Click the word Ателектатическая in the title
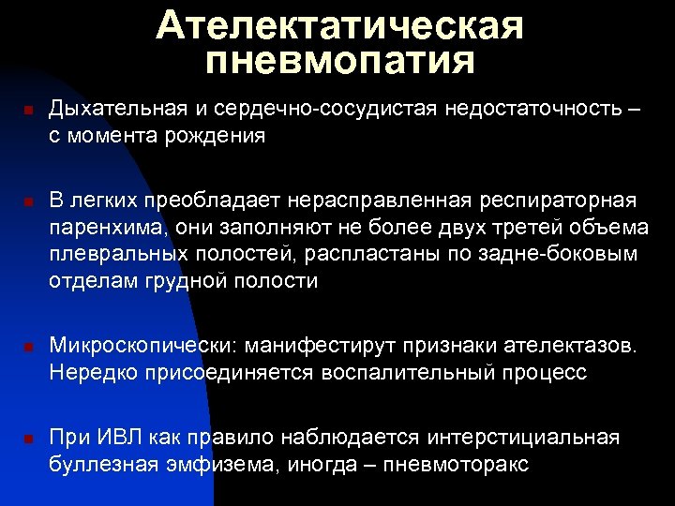pos(339,25)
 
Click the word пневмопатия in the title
pos(339,62)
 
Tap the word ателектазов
pos(566,346)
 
